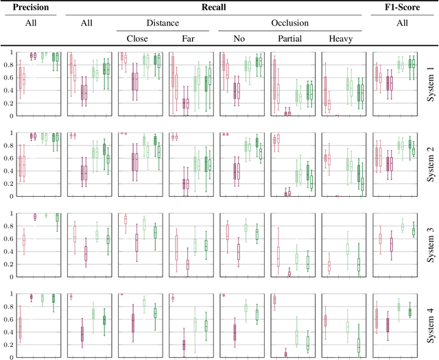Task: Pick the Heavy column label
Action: [x=342, y=39]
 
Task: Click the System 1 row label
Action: [x=429, y=81]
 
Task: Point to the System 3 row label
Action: [x=429, y=243]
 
